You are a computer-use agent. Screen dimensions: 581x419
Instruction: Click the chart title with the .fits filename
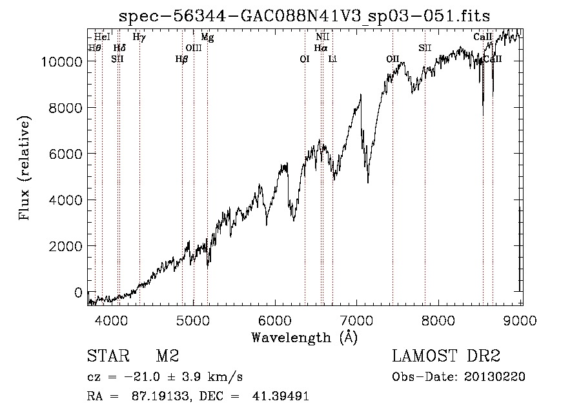[304, 16]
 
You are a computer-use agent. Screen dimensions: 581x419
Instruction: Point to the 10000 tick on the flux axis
[61, 61]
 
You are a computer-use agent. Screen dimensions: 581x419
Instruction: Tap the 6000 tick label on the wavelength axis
[275, 320]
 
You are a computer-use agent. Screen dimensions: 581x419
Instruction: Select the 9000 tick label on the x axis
[520, 320]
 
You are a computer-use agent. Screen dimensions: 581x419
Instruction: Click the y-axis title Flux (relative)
[25, 168]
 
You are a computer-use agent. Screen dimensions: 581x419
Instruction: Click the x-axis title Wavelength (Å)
[305, 338]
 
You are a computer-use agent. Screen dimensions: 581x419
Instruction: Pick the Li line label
[332, 59]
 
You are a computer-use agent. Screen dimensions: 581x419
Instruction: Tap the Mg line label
[207, 37]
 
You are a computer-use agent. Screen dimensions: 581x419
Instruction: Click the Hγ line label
[139, 37]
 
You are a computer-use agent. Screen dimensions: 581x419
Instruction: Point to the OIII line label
[194, 48]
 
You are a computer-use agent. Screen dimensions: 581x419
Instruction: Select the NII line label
[322, 37]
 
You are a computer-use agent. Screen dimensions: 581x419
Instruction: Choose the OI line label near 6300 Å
[304, 59]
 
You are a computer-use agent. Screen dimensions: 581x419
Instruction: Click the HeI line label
[102, 37]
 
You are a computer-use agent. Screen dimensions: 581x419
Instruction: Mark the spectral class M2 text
[167, 356]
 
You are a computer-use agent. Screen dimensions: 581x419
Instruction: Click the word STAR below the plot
[108, 356]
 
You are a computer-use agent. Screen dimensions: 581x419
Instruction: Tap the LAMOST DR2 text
[446, 356]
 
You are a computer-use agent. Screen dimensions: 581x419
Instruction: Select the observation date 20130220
[494, 376]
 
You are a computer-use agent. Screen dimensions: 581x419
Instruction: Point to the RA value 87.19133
[161, 396]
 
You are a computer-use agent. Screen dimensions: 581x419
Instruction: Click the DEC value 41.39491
[281, 396]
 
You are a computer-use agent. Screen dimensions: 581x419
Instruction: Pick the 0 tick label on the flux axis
[78, 292]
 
